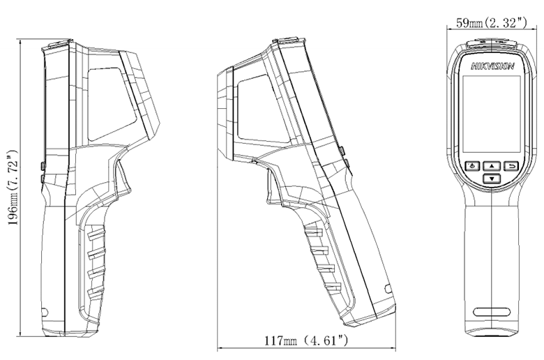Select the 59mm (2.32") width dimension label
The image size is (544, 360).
point(491,23)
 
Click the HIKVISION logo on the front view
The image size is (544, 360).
point(492,66)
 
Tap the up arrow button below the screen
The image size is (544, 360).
point(492,166)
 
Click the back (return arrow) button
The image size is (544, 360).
point(511,166)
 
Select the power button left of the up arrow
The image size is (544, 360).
point(473,166)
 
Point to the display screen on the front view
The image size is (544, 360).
point(492,114)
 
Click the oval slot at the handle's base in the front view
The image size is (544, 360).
point(492,311)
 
